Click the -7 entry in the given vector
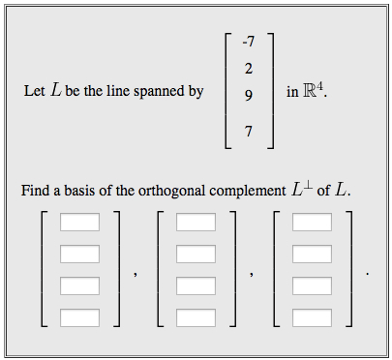(x=249, y=42)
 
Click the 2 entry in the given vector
(x=250, y=68)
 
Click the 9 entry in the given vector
(x=250, y=95)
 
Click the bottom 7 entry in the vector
(x=250, y=131)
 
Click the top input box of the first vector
(x=79, y=223)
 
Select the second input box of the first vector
(x=79, y=255)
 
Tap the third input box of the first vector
(x=79, y=286)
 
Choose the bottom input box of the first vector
(x=79, y=317)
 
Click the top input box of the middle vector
(x=196, y=223)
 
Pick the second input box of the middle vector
(x=196, y=255)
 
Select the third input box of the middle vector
(x=196, y=286)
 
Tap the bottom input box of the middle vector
(x=196, y=317)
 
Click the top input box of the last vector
(x=312, y=223)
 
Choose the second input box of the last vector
(x=312, y=255)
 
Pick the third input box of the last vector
(x=312, y=286)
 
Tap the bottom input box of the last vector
(x=312, y=317)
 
